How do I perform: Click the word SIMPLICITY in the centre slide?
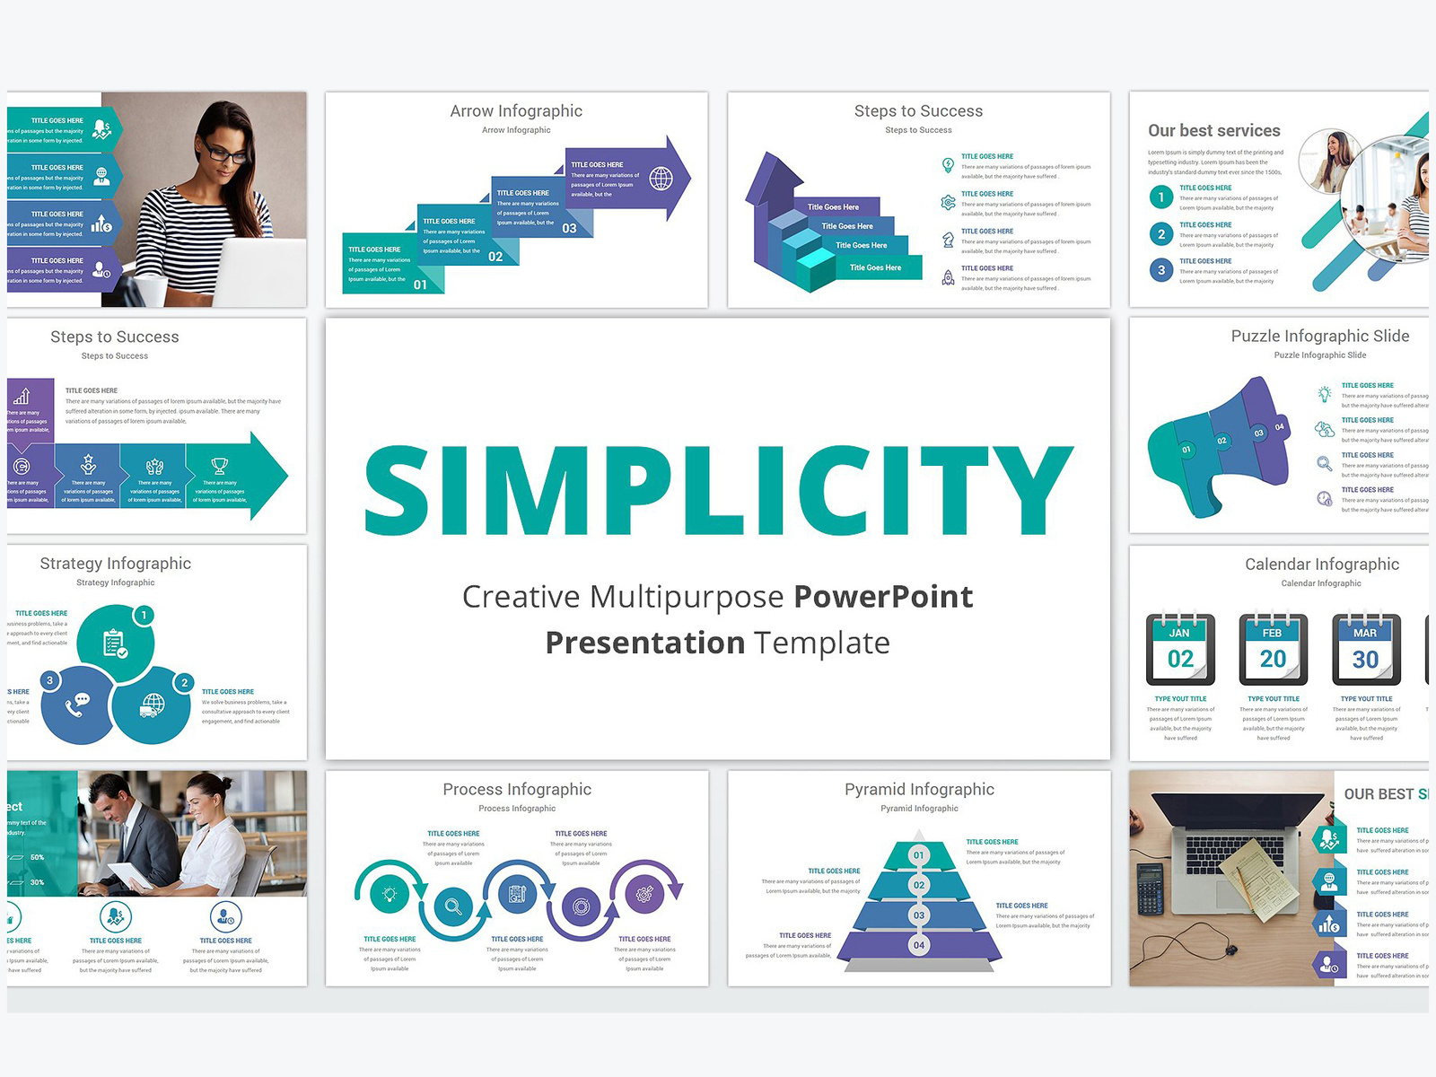click(x=718, y=490)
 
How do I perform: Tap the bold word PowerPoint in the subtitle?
click(x=883, y=597)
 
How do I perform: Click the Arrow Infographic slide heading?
click(x=516, y=111)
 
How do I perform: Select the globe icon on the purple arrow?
click(x=661, y=179)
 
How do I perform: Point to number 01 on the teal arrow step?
click(x=420, y=285)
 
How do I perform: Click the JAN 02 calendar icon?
click(x=1180, y=649)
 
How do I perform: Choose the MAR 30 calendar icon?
click(x=1365, y=649)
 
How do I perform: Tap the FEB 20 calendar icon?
click(x=1273, y=649)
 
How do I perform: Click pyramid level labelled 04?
click(x=918, y=945)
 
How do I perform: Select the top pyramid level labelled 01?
click(x=918, y=855)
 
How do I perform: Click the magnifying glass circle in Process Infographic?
click(x=453, y=906)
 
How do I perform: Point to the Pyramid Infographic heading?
click(x=919, y=790)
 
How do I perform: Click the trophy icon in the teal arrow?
click(x=220, y=466)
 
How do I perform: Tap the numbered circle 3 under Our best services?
click(x=1161, y=270)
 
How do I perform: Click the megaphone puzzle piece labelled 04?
click(x=1278, y=427)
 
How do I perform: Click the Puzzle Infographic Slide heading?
click(x=1319, y=337)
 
